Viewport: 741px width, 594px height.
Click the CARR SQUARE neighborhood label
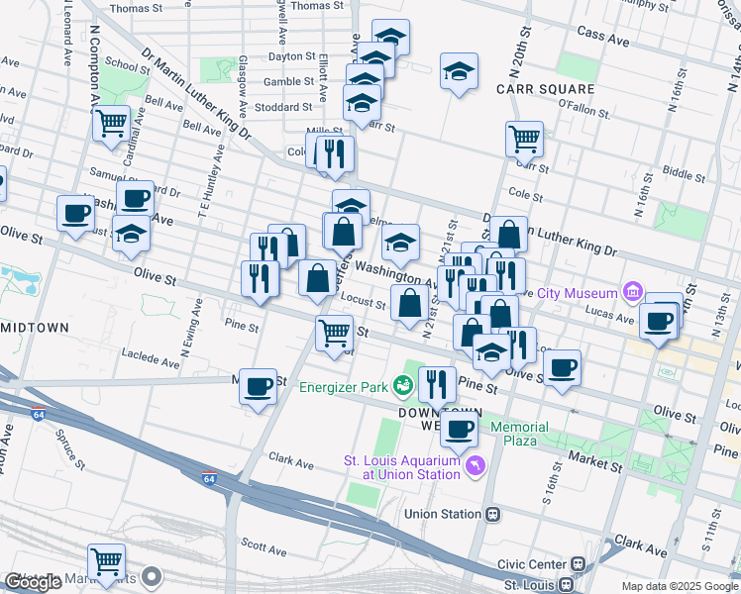(545, 88)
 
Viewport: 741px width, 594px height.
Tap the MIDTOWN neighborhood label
(34, 328)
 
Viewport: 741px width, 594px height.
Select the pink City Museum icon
(632, 292)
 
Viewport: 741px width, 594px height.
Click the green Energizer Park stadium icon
(402, 386)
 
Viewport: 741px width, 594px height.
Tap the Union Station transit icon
(492, 514)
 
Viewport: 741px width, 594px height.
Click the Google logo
(34, 583)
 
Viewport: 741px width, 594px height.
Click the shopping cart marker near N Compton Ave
(111, 124)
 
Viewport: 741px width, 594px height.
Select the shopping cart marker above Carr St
(524, 139)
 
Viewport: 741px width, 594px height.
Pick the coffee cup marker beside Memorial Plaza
(459, 428)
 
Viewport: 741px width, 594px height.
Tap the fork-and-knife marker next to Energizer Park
(436, 382)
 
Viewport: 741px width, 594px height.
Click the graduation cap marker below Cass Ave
(459, 71)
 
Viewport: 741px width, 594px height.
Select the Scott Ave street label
(264, 544)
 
